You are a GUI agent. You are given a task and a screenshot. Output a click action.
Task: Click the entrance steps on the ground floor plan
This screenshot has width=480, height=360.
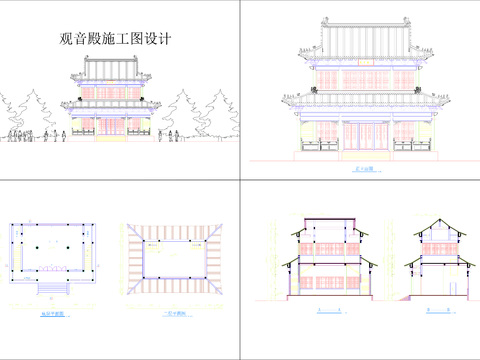pos(53,289)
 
